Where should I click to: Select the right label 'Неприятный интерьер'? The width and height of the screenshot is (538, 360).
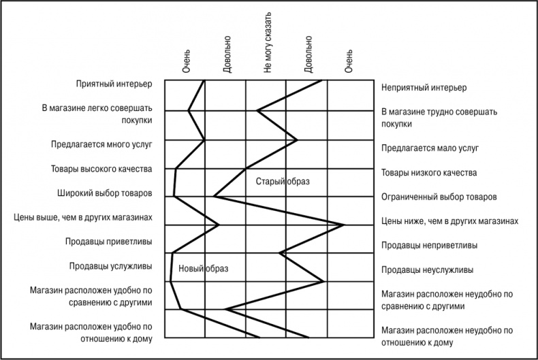point(424,88)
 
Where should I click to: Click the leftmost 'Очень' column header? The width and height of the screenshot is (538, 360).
point(186,61)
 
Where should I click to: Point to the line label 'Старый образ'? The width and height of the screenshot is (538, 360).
point(283,182)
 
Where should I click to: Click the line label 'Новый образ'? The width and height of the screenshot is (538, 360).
point(203,269)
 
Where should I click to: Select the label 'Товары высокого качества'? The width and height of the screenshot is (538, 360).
point(101,169)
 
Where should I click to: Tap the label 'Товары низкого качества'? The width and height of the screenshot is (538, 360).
point(429,173)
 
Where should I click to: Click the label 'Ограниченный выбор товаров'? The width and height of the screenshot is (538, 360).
point(439,197)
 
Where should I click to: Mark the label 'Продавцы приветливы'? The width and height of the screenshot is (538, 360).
point(108,242)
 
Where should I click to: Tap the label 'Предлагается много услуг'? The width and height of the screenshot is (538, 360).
point(101,144)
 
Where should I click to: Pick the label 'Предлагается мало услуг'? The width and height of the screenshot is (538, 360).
point(430,148)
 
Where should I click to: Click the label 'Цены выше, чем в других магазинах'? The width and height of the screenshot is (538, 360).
point(82,218)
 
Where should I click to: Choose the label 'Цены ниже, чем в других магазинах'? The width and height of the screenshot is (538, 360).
point(450,221)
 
